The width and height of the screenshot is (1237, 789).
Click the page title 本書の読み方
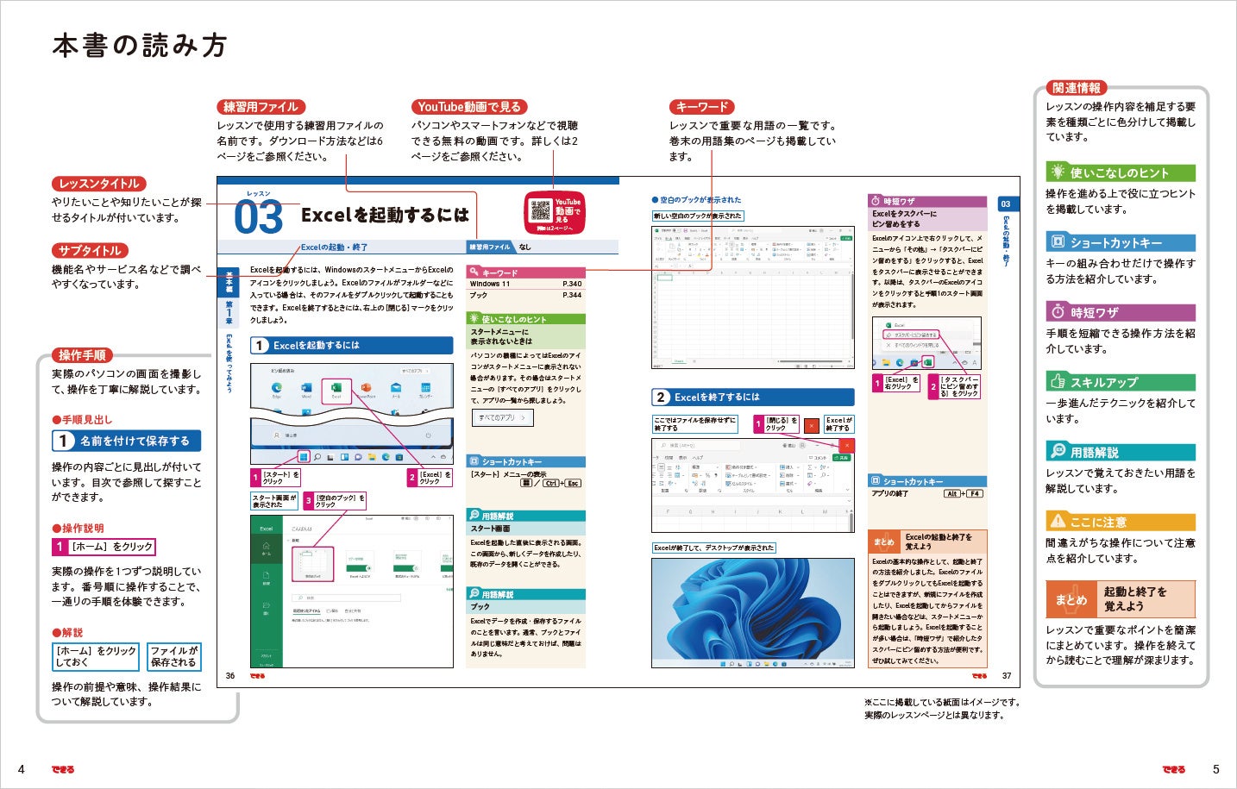(x=140, y=46)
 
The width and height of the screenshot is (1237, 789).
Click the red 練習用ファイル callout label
(x=261, y=107)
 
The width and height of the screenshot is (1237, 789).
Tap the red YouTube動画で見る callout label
(x=468, y=107)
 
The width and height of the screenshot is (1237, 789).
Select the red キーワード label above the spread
(x=702, y=107)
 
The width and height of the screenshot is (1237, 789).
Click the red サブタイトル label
(x=90, y=251)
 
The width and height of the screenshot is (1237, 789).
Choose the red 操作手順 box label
(x=82, y=355)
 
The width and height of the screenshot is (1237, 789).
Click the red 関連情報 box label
(x=1076, y=88)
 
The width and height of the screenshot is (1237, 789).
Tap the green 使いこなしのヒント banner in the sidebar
(x=1120, y=172)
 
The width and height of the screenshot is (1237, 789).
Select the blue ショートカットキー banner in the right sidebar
(x=1120, y=243)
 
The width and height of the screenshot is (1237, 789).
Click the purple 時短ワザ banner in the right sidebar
(x=1120, y=312)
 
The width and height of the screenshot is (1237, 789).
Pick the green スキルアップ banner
(x=1120, y=382)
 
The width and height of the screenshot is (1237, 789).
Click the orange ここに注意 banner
(x=1120, y=522)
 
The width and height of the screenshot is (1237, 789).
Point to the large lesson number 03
(x=258, y=217)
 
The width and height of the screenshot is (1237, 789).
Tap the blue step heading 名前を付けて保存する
(x=126, y=441)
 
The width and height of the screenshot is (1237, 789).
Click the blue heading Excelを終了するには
(x=752, y=398)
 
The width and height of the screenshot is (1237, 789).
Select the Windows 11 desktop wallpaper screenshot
(x=752, y=612)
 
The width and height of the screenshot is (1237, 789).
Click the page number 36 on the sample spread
(x=230, y=676)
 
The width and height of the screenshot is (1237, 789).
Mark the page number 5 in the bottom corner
(x=1216, y=769)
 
